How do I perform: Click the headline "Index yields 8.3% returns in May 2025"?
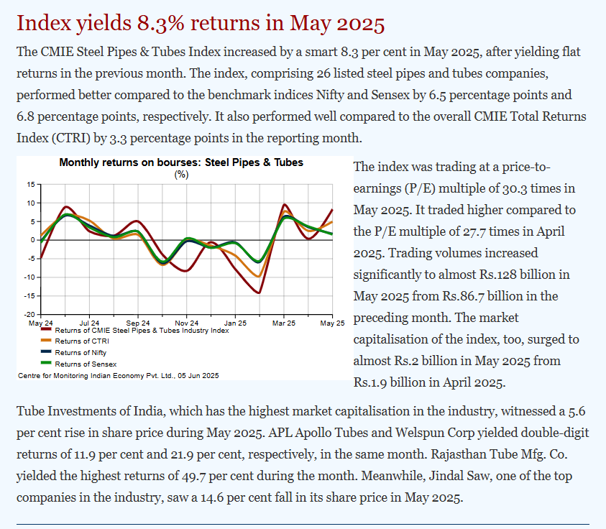[201, 23]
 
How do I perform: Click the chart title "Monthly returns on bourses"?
[181, 162]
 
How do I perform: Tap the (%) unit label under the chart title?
[181, 174]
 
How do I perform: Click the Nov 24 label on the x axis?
[186, 323]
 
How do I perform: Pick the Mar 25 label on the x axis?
[283, 323]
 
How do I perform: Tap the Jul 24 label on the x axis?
[89, 323]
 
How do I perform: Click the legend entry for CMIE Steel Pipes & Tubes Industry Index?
[141, 331]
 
